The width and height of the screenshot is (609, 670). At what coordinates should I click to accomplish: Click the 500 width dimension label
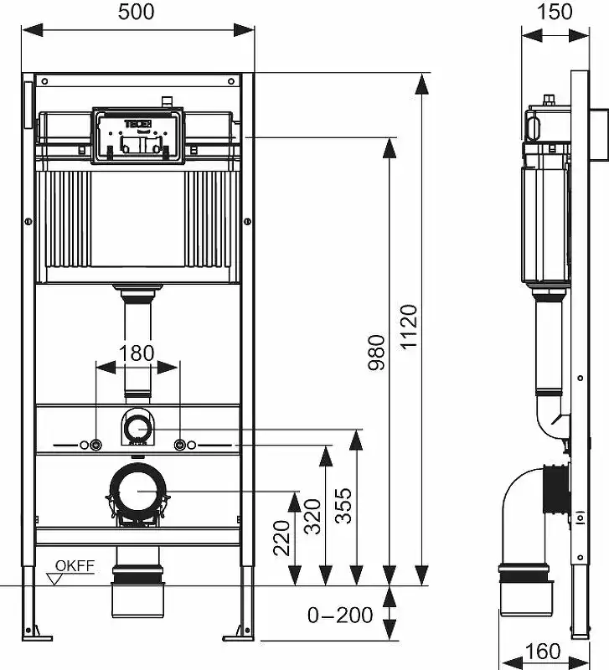point(137,12)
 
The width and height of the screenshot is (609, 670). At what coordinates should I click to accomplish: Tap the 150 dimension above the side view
point(555,12)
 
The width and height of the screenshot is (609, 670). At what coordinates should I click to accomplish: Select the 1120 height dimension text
point(408,327)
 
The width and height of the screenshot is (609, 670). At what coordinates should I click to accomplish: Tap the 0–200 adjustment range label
point(339,616)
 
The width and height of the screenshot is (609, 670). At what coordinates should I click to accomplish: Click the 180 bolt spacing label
point(137,353)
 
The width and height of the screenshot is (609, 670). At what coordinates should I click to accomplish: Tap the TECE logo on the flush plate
point(137,125)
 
